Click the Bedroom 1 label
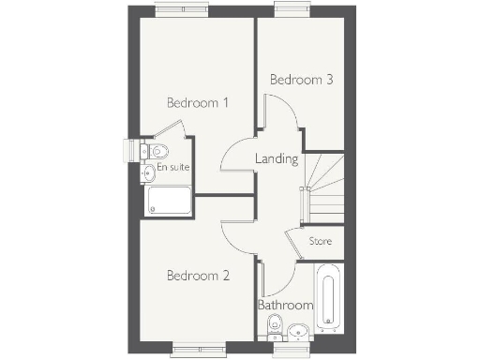pyautogui.click(x=198, y=102)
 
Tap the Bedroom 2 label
pyautogui.click(x=198, y=276)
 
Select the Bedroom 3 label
pyautogui.click(x=301, y=80)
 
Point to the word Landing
pyautogui.click(x=277, y=159)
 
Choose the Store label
pyautogui.click(x=322, y=242)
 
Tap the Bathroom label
pyautogui.click(x=285, y=306)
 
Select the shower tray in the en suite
pyautogui.click(x=170, y=201)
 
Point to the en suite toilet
pyautogui.click(x=157, y=151)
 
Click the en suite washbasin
pyautogui.click(x=149, y=172)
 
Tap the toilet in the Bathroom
pyautogui.click(x=275, y=325)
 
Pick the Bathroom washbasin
pyautogui.click(x=298, y=330)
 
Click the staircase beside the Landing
pyautogui.click(x=325, y=187)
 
